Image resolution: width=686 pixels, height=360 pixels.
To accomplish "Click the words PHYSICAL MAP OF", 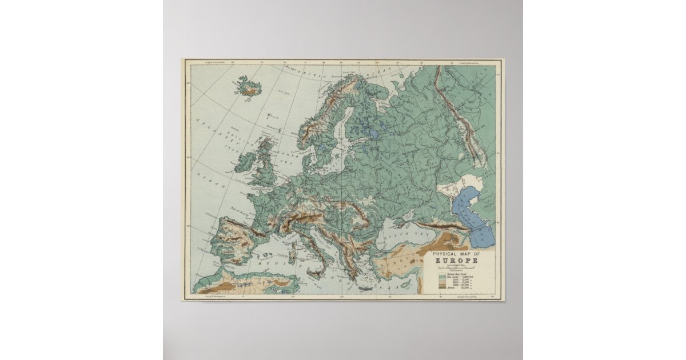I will [x=456, y=254].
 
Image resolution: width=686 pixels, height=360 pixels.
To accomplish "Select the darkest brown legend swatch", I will [x=442, y=287].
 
